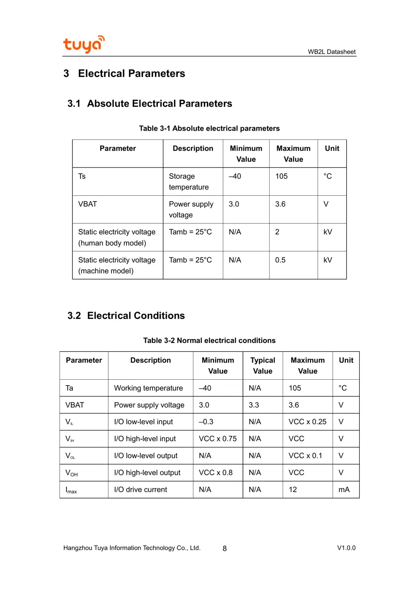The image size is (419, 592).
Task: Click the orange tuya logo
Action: [83, 44]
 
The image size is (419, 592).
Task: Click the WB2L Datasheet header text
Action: [331, 52]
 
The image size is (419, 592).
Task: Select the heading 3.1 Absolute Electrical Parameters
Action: [150, 104]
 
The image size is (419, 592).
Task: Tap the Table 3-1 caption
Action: [209, 129]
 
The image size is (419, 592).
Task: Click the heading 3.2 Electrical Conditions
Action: [126, 315]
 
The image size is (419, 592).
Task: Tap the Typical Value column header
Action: [262, 365]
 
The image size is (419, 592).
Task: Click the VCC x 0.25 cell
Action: [307, 422]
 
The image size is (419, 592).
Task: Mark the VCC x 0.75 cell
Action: [218, 439]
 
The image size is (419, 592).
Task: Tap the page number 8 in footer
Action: [224, 548]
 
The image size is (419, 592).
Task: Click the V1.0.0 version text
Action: [346, 548]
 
